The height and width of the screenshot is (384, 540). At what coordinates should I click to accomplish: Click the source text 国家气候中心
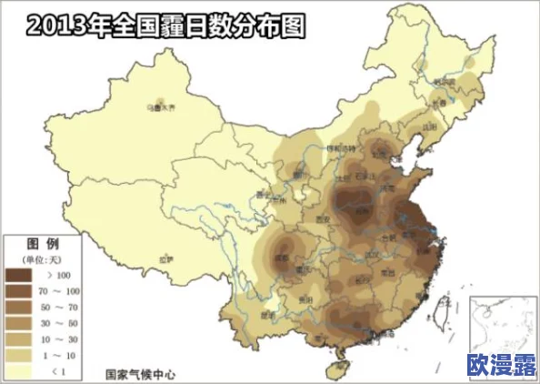pyautogui.click(x=140, y=373)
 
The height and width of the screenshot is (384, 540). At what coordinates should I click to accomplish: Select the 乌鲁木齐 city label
pyautogui.click(x=160, y=108)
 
